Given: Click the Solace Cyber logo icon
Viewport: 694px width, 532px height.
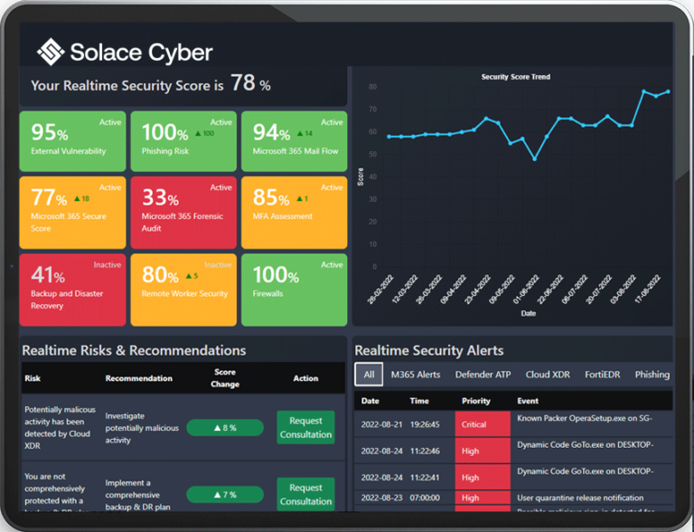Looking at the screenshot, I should [x=51, y=52].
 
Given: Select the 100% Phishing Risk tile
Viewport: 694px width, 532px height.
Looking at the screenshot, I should [x=183, y=140].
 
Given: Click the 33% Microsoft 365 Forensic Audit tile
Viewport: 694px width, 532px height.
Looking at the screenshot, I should [x=183, y=212].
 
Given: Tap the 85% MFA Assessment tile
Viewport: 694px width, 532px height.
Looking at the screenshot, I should [x=294, y=212].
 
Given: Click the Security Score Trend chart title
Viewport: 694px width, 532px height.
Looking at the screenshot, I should [x=515, y=78].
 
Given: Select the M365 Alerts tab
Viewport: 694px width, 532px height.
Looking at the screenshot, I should [x=415, y=375].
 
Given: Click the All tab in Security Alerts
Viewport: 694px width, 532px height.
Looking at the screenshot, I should [x=369, y=375].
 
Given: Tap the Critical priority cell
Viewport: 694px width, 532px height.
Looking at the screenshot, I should [x=483, y=424].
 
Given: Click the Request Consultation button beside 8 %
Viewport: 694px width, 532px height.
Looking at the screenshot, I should [x=305, y=427].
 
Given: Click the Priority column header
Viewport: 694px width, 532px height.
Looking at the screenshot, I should [x=475, y=401].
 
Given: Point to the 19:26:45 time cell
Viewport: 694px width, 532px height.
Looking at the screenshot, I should [x=425, y=423].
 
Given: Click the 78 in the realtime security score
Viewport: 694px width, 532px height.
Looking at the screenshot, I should [x=242, y=83].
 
